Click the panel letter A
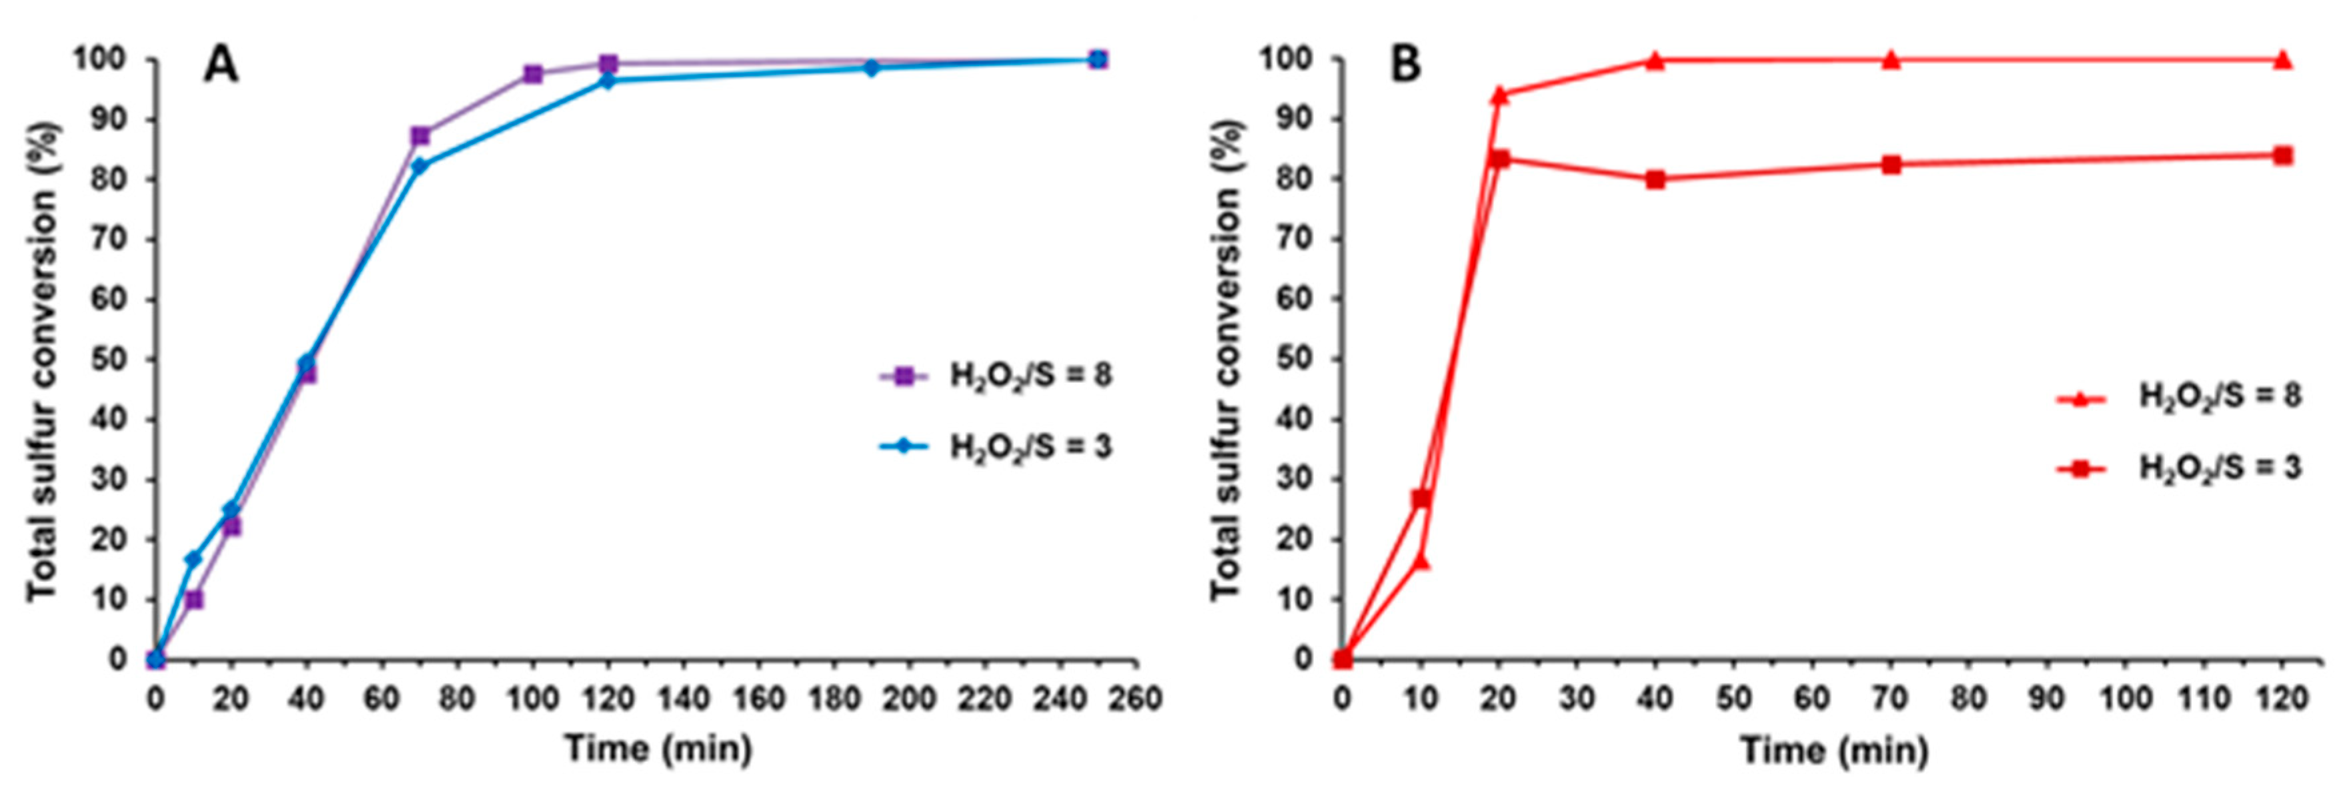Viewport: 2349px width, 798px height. [x=221, y=65]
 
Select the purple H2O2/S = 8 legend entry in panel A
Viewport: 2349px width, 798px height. [x=994, y=376]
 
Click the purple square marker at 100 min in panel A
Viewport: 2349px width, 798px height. [x=534, y=74]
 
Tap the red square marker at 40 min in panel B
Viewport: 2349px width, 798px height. [x=1655, y=179]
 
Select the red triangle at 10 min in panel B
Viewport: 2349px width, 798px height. [x=1421, y=560]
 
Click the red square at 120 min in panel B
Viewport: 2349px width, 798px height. [x=2282, y=155]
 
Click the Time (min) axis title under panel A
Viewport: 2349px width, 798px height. [x=658, y=750]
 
